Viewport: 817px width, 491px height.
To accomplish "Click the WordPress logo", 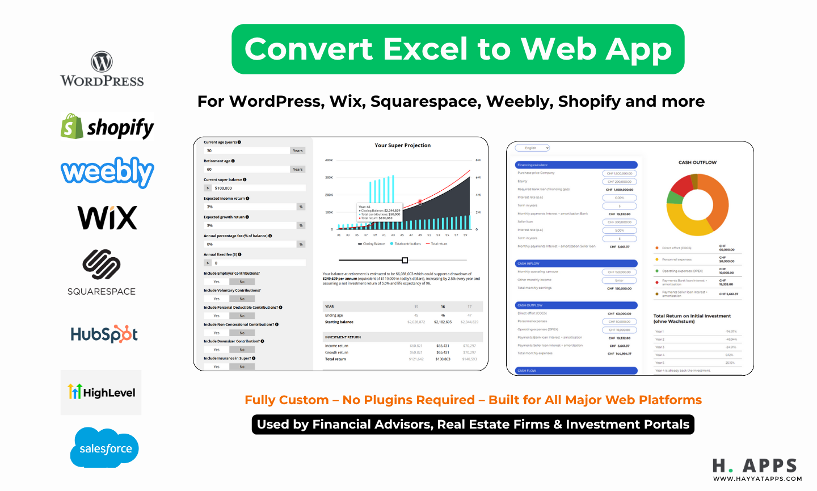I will pyautogui.click(x=102, y=69).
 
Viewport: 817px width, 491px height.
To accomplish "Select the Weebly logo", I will pyautogui.click(x=107, y=172).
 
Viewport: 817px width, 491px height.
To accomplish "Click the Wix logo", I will pyautogui.click(x=107, y=217).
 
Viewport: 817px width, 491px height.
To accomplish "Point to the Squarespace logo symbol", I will pyautogui.click(x=101, y=265).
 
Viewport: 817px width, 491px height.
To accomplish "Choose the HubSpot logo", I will pyautogui.click(x=104, y=334).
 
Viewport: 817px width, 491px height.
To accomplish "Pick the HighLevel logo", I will pyautogui.click(x=101, y=392).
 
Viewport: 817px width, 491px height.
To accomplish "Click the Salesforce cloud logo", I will pyautogui.click(x=105, y=448).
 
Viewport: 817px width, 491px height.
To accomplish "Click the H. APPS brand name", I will pyautogui.click(x=755, y=466).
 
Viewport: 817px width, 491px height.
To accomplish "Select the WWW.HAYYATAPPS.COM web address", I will pyautogui.click(x=757, y=479).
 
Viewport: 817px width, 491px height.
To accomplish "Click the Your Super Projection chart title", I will pyautogui.click(x=402, y=145).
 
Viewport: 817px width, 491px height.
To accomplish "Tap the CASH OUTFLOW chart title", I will pyautogui.click(x=697, y=162).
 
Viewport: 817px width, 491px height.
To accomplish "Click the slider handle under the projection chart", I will pyautogui.click(x=405, y=260).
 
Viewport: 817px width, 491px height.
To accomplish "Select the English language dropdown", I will pyautogui.click(x=533, y=148).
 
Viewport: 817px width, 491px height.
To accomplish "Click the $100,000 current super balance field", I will pyautogui.click(x=255, y=188).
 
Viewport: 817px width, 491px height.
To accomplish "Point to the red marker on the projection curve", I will pyautogui.click(x=420, y=202).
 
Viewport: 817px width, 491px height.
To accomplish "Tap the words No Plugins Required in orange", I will pyautogui.click(x=408, y=400).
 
